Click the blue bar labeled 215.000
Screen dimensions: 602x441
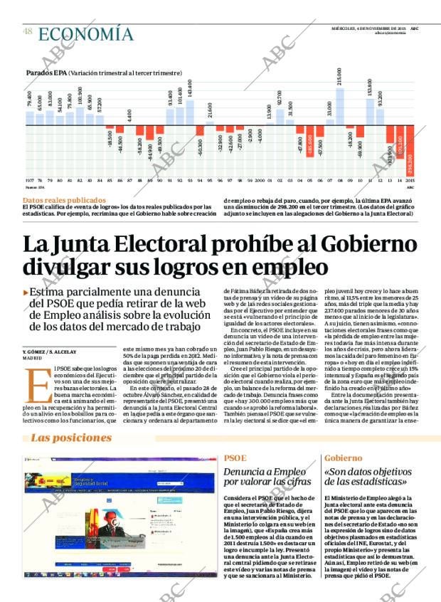pyautogui.click(x=339, y=107)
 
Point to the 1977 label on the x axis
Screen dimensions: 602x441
pyautogui.click(x=29, y=181)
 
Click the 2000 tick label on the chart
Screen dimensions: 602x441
pyautogui.click(x=260, y=181)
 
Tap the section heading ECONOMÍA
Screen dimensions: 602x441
pyautogui.click(x=85, y=34)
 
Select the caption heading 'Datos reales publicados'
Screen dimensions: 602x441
pyautogui.click(x=65, y=201)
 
